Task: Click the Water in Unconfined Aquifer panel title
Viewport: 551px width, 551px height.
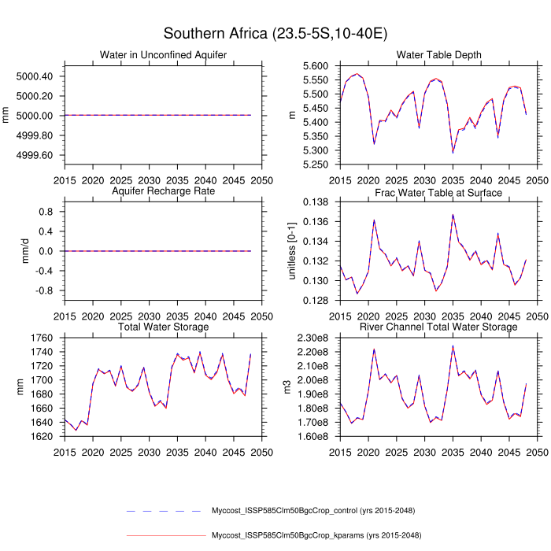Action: (164, 54)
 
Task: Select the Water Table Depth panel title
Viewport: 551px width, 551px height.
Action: (439, 54)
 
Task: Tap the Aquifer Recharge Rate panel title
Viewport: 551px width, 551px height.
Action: (164, 191)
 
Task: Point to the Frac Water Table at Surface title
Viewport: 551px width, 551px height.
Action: (439, 191)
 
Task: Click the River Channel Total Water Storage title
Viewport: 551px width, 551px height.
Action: (439, 327)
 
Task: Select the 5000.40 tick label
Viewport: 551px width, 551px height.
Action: (34, 76)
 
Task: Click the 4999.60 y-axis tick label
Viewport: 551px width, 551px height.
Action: (34, 155)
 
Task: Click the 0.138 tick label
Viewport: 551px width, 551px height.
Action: (315, 202)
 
